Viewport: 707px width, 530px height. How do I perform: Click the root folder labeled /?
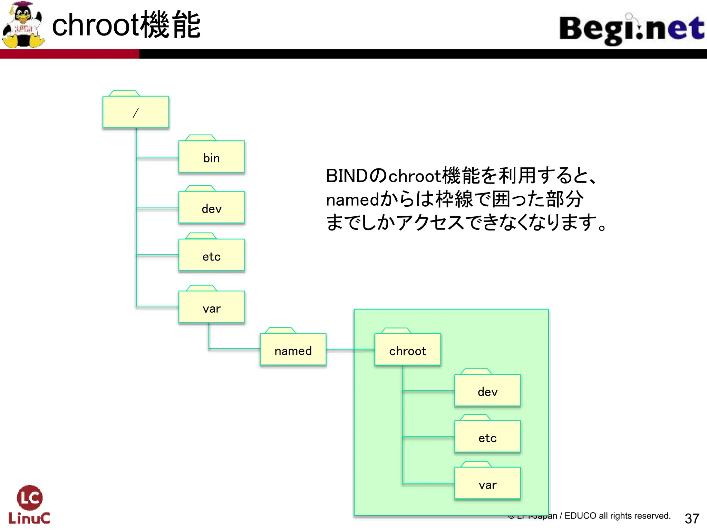click(x=136, y=112)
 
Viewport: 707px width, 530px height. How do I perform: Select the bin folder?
click(x=211, y=157)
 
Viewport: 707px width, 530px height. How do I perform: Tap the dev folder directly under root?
click(x=211, y=208)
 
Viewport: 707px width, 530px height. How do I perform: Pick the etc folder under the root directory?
click(x=211, y=256)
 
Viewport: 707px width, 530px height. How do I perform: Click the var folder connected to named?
click(x=211, y=307)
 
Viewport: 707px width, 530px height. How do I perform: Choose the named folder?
click(x=293, y=350)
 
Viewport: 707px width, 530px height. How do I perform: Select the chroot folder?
click(x=407, y=350)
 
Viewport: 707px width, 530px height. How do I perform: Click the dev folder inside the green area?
click(x=487, y=391)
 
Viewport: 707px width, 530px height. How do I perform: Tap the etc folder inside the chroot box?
click(x=487, y=437)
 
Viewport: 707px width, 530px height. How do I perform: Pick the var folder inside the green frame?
click(x=487, y=484)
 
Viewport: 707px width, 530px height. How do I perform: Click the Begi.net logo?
click(x=631, y=29)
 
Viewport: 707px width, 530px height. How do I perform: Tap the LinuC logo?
click(x=29, y=504)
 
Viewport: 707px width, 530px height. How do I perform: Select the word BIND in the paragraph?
click(x=347, y=176)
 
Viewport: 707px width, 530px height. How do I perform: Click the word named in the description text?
click(x=352, y=200)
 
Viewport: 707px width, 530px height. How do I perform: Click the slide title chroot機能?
click(x=126, y=25)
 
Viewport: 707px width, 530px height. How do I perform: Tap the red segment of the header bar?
click(x=69, y=54)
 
